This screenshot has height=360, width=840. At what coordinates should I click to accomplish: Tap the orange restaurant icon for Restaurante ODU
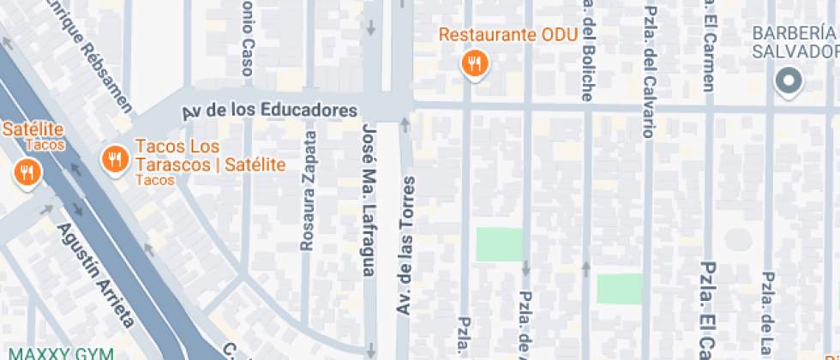tap(473, 63)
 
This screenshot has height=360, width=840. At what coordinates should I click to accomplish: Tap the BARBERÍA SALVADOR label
tap(793, 41)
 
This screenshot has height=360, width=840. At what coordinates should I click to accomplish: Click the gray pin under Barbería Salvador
tap(787, 82)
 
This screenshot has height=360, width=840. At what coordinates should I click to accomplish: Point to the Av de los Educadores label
tap(269, 111)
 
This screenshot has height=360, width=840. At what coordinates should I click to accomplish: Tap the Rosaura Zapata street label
tap(307, 191)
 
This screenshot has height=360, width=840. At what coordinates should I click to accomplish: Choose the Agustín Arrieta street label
tap(95, 275)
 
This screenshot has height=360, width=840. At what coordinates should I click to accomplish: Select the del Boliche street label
tap(587, 51)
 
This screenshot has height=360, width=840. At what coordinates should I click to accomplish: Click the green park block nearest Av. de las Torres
tap(499, 244)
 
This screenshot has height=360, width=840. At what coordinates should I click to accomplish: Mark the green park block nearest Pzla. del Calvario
tap(619, 288)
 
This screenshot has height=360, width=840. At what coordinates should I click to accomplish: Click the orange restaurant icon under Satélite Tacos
tap(27, 173)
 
